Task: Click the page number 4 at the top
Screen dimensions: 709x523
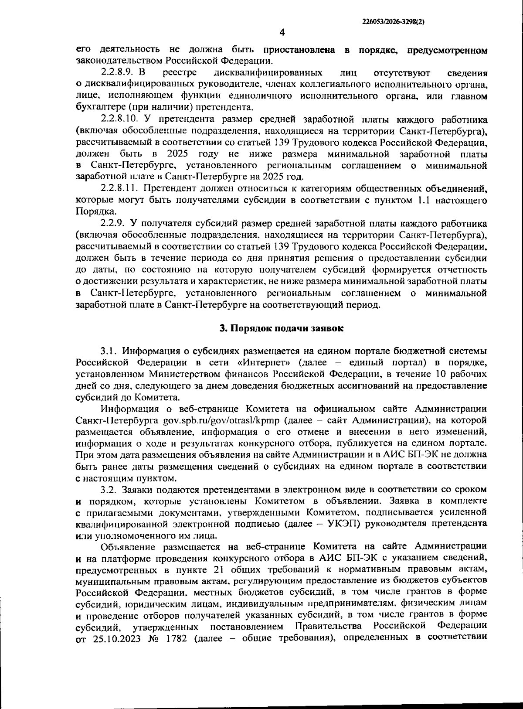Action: pos(282,32)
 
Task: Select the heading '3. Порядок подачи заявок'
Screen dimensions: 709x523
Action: pos(281,328)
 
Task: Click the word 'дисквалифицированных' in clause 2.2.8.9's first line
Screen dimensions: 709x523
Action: pos(269,72)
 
